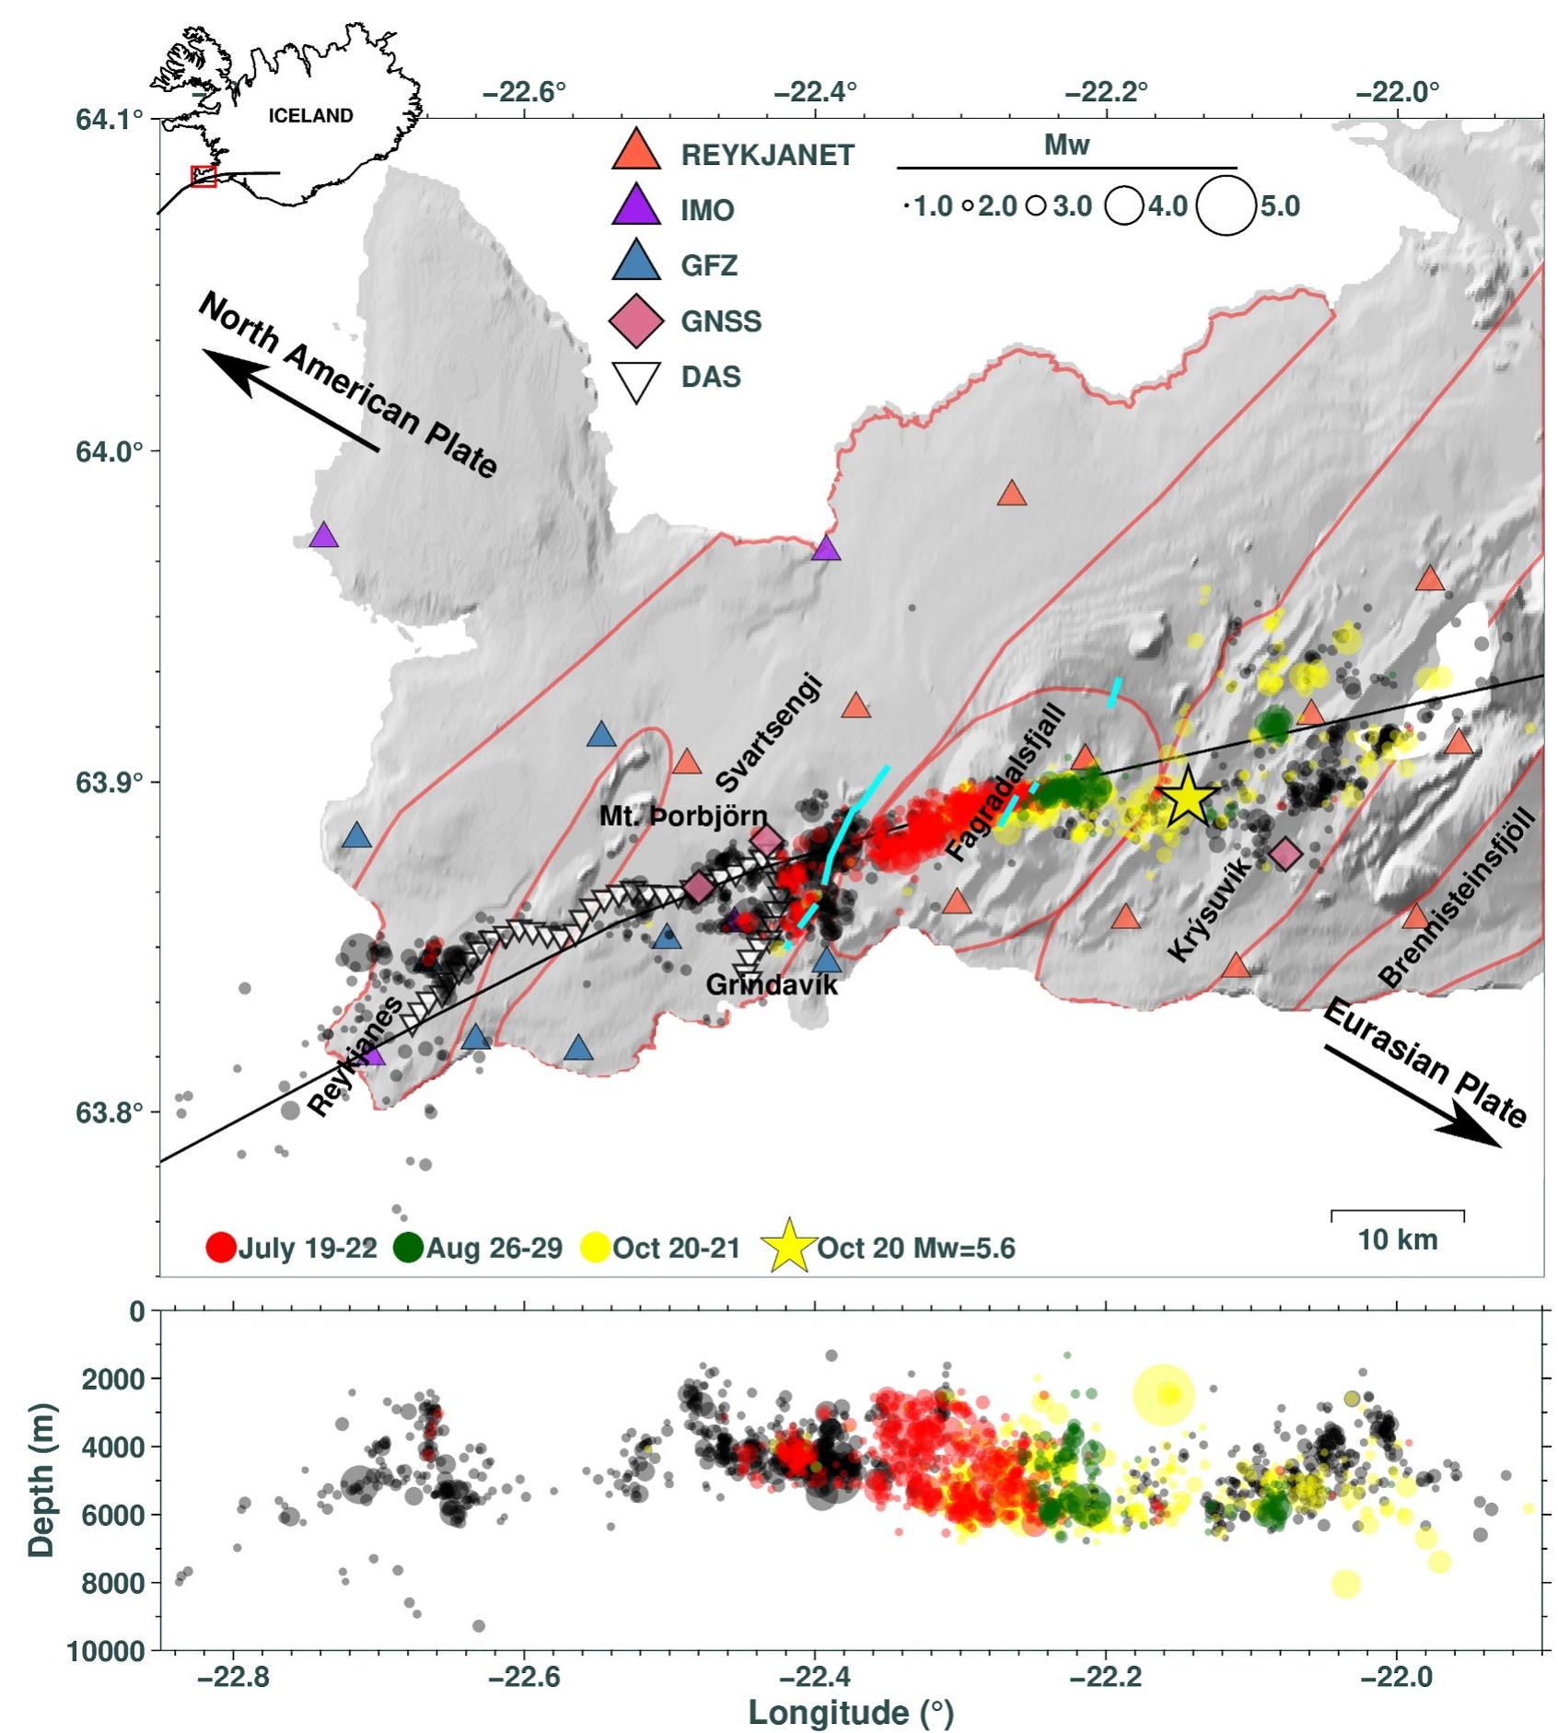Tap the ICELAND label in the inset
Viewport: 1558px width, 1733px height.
point(310,116)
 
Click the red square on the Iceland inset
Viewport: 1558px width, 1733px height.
point(203,176)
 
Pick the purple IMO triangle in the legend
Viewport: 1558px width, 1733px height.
point(636,207)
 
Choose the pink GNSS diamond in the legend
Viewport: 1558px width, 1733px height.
point(636,320)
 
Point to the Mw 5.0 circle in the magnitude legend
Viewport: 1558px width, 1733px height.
point(1226,206)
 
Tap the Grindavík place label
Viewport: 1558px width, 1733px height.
point(772,985)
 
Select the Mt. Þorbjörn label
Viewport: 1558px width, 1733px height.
point(683,816)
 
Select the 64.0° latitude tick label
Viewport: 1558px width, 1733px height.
point(111,451)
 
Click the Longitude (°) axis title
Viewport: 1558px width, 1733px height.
point(851,1713)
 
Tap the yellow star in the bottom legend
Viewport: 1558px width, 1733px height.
point(789,1248)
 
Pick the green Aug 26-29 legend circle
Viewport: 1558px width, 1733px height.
point(407,1248)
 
